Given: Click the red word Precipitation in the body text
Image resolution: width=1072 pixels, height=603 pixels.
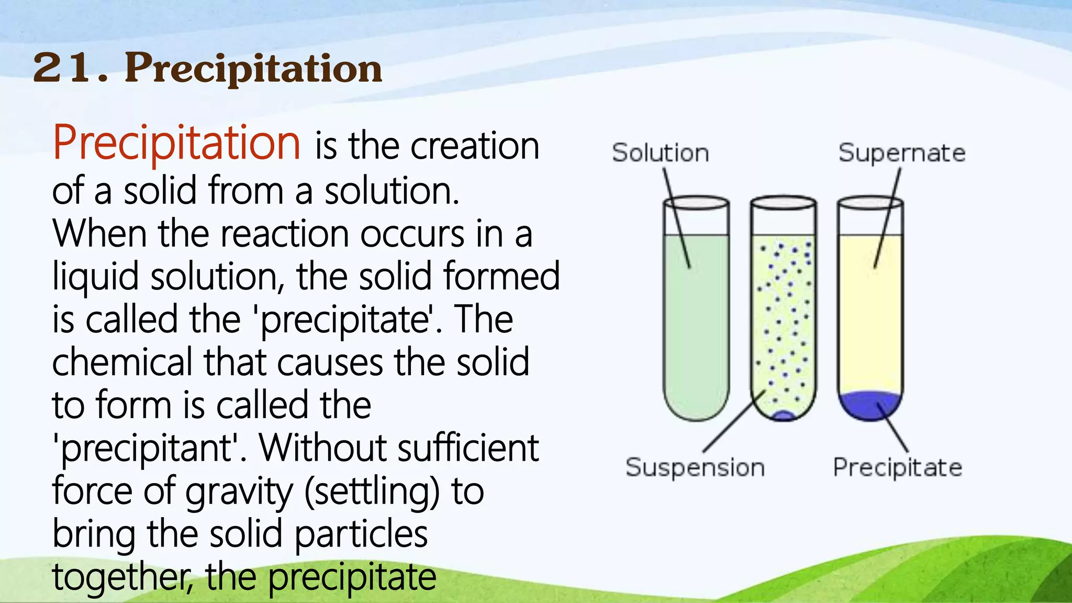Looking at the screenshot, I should click(x=176, y=142).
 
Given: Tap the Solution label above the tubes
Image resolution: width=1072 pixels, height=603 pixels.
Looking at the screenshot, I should click(x=660, y=153).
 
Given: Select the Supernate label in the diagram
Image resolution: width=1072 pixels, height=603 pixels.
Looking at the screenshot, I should click(x=901, y=153).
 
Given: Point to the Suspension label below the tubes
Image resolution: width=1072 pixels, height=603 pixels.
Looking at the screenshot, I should click(x=695, y=467).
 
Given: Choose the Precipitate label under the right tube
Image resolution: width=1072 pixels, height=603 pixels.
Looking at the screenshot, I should click(x=897, y=467).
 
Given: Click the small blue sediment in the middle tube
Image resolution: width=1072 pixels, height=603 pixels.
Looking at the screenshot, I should click(x=784, y=416).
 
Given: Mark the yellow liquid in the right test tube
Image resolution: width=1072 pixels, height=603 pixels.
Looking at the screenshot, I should click(x=870, y=314).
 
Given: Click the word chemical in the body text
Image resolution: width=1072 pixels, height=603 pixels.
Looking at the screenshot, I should click(x=122, y=362).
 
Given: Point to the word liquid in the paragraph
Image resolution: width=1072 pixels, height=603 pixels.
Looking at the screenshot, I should click(x=95, y=276).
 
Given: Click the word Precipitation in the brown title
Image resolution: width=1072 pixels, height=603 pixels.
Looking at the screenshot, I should click(x=253, y=69).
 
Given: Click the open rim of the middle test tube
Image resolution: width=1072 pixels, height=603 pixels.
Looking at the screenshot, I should click(x=783, y=203).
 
